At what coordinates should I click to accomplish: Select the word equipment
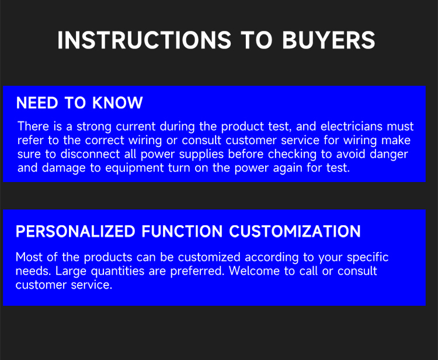click(x=145, y=169)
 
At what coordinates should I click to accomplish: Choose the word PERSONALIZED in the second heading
click(x=75, y=232)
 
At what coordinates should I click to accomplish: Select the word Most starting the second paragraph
click(x=29, y=257)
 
